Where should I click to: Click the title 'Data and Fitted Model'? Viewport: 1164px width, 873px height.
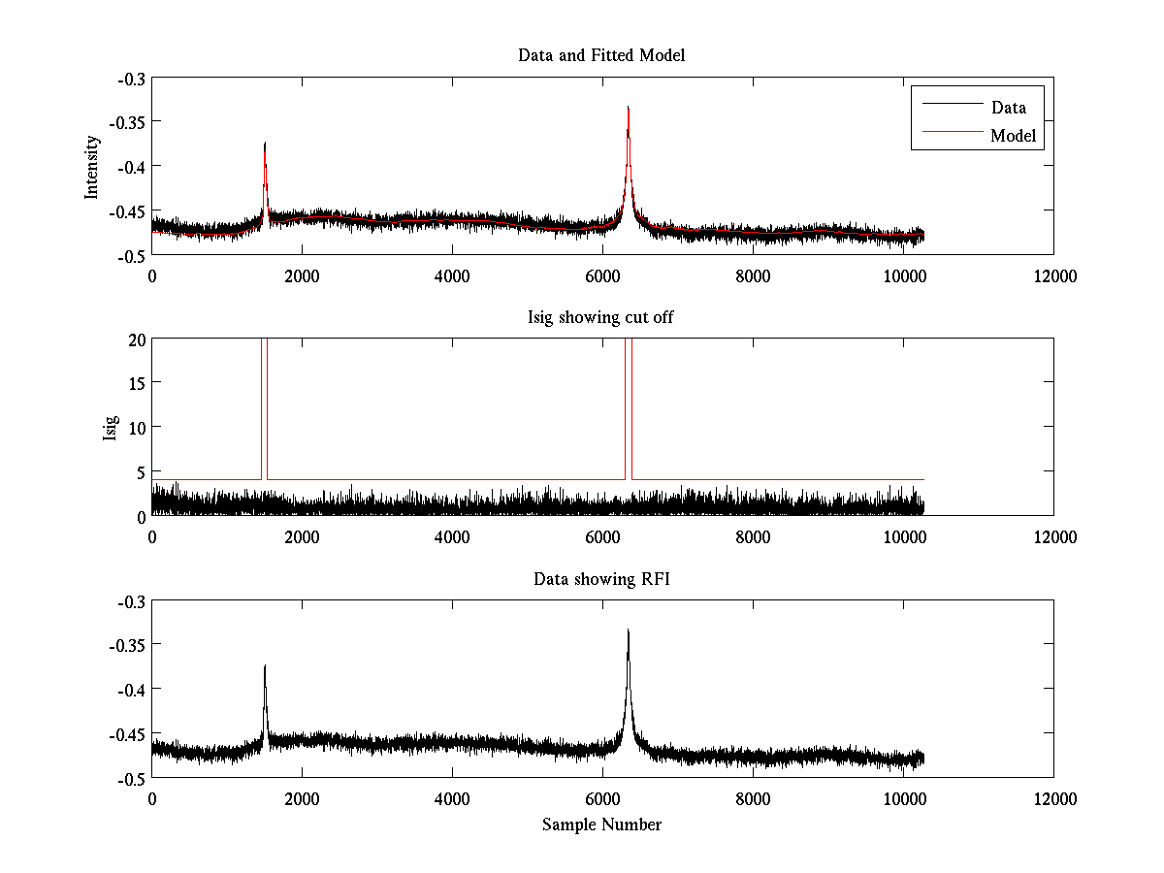[x=601, y=55]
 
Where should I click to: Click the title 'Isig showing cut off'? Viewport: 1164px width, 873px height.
[x=601, y=317]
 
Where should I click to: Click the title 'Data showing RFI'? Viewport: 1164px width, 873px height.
[x=601, y=579]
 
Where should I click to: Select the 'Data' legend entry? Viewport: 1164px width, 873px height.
[x=1008, y=108]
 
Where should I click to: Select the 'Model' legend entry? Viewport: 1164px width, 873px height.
[x=1013, y=136]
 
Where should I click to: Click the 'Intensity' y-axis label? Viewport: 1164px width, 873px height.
[x=92, y=166]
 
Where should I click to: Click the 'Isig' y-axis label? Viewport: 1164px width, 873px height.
[x=110, y=428]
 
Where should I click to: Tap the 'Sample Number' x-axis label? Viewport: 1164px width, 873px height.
[x=601, y=824]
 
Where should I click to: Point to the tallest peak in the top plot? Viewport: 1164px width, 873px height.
[x=629, y=109]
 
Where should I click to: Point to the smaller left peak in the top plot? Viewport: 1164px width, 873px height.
[x=265, y=144]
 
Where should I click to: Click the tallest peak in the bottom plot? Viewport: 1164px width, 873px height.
[x=629, y=631]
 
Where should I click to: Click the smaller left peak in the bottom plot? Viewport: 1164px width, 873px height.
[x=265, y=666]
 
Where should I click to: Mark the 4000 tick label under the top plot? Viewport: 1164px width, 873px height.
[x=452, y=275]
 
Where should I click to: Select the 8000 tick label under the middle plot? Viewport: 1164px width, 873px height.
[x=753, y=537]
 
